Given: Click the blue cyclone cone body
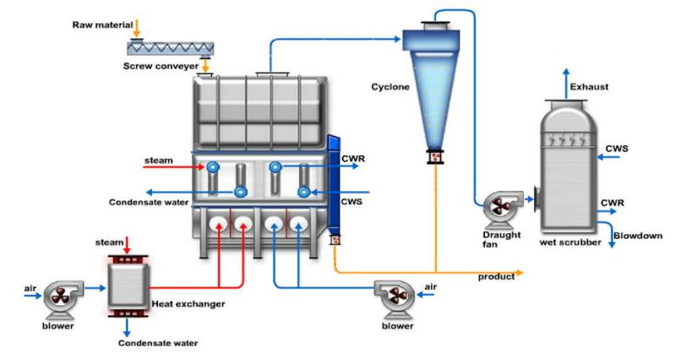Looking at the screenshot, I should pos(432,93).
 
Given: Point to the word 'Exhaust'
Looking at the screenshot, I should pos(589,87).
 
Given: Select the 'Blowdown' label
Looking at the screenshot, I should pos(637,236).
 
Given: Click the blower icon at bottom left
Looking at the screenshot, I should pos(60,297).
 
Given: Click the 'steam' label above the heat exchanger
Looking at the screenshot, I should pos(110,243).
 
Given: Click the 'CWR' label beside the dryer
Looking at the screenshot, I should pos(353,157).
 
